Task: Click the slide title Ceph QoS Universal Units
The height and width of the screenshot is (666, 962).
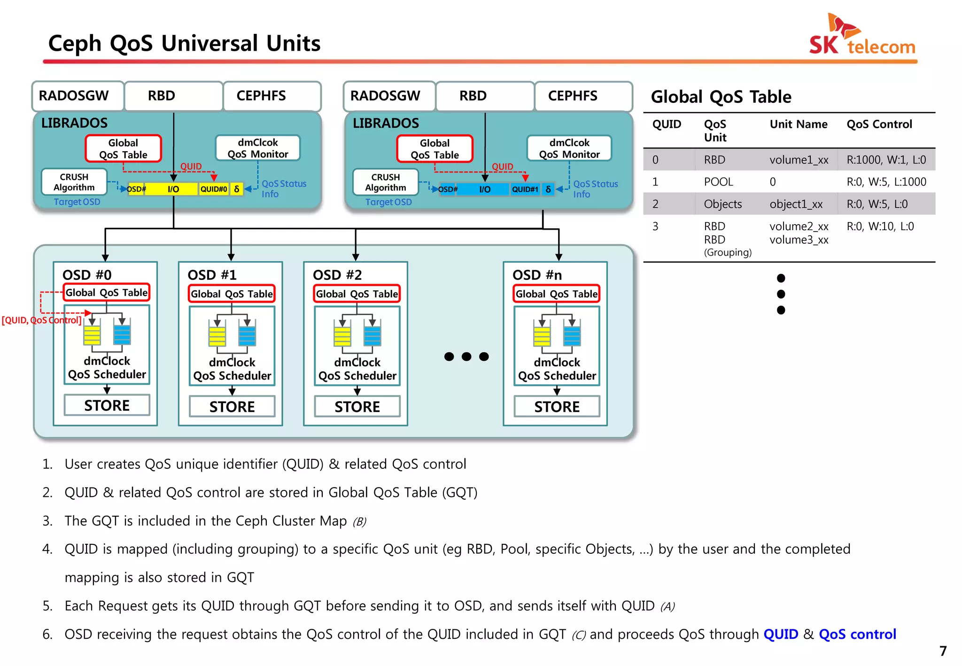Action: coord(184,43)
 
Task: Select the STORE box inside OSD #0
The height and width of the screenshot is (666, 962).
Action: coord(107,405)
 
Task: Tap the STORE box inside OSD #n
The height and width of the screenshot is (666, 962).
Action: coord(557,406)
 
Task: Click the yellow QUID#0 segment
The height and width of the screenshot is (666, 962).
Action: coord(214,189)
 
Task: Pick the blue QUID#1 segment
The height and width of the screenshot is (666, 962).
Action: coord(525,189)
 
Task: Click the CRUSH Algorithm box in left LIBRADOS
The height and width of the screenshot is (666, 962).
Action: coord(74,182)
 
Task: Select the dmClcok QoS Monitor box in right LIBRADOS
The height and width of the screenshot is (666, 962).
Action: coord(569,148)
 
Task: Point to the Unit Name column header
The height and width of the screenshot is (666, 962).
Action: coord(798,124)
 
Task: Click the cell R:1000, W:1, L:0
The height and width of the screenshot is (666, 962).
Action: coord(886,160)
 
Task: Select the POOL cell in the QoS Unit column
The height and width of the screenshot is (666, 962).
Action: coord(718,182)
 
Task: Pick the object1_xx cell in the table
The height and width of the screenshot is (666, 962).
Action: coord(796,204)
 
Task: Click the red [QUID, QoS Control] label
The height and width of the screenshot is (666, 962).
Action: coord(41,320)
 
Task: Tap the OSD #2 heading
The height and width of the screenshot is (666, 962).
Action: coord(337,275)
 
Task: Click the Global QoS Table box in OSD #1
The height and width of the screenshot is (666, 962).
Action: coord(232,294)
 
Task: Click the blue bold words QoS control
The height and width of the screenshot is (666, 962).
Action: coord(857,634)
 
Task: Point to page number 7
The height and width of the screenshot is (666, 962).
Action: coord(943,651)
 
